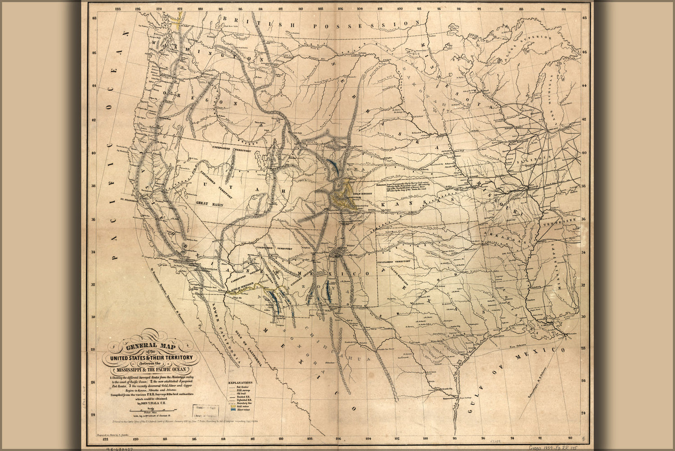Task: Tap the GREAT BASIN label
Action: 209,204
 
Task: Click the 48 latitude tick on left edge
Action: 94,18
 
